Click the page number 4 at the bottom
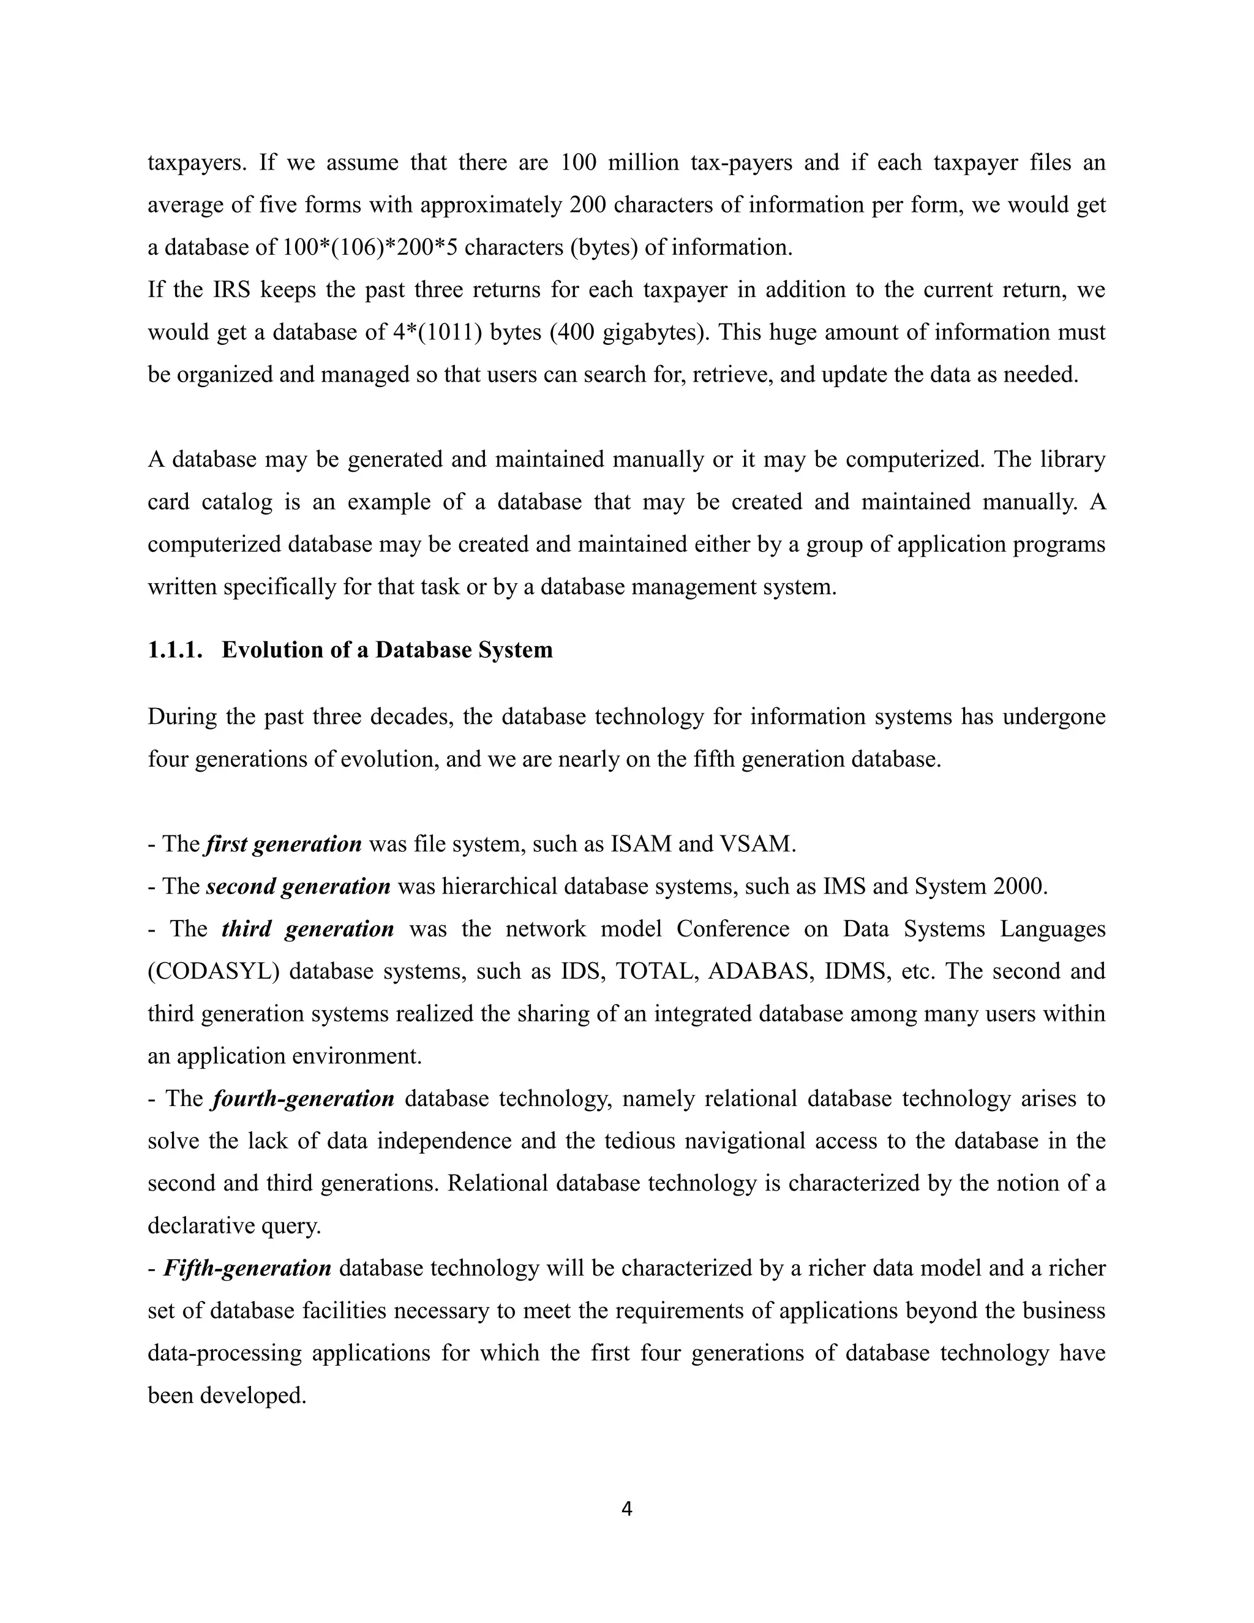(626, 1508)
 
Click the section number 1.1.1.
(175, 650)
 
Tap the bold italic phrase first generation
(283, 844)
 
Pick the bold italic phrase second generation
(298, 887)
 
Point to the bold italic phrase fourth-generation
(303, 1098)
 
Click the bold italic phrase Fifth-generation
(247, 1268)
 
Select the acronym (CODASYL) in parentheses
(213, 971)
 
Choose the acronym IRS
(230, 289)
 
